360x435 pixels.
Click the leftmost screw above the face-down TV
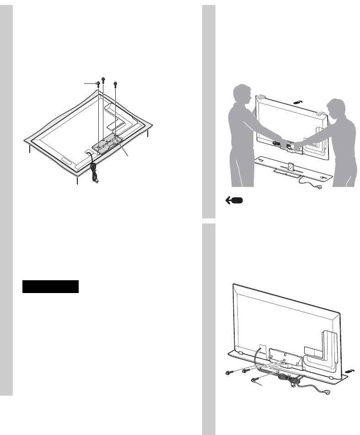[98, 83]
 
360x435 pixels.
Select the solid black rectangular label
[51, 287]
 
